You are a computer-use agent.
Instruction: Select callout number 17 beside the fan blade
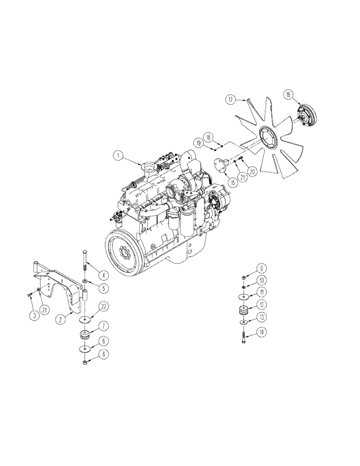[x=230, y=99]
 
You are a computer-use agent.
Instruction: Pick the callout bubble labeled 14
[x=262, y=332]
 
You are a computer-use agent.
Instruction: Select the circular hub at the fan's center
[x=268, y=137]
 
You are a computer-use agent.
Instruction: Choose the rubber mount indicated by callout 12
[x=243, y=311]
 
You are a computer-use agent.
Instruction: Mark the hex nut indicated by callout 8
[x=84, y=362]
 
